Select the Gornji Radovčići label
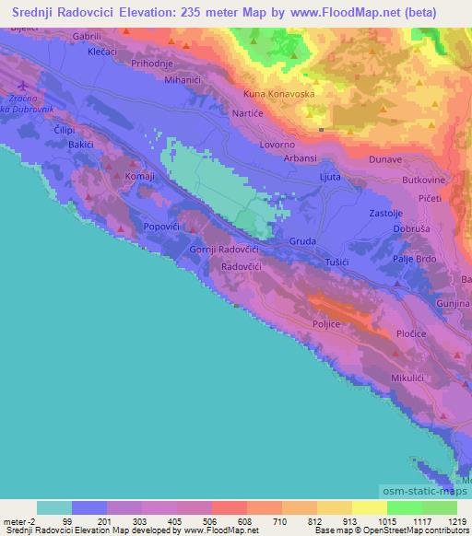[x=226, y=250]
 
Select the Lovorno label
[x=277, y=145]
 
